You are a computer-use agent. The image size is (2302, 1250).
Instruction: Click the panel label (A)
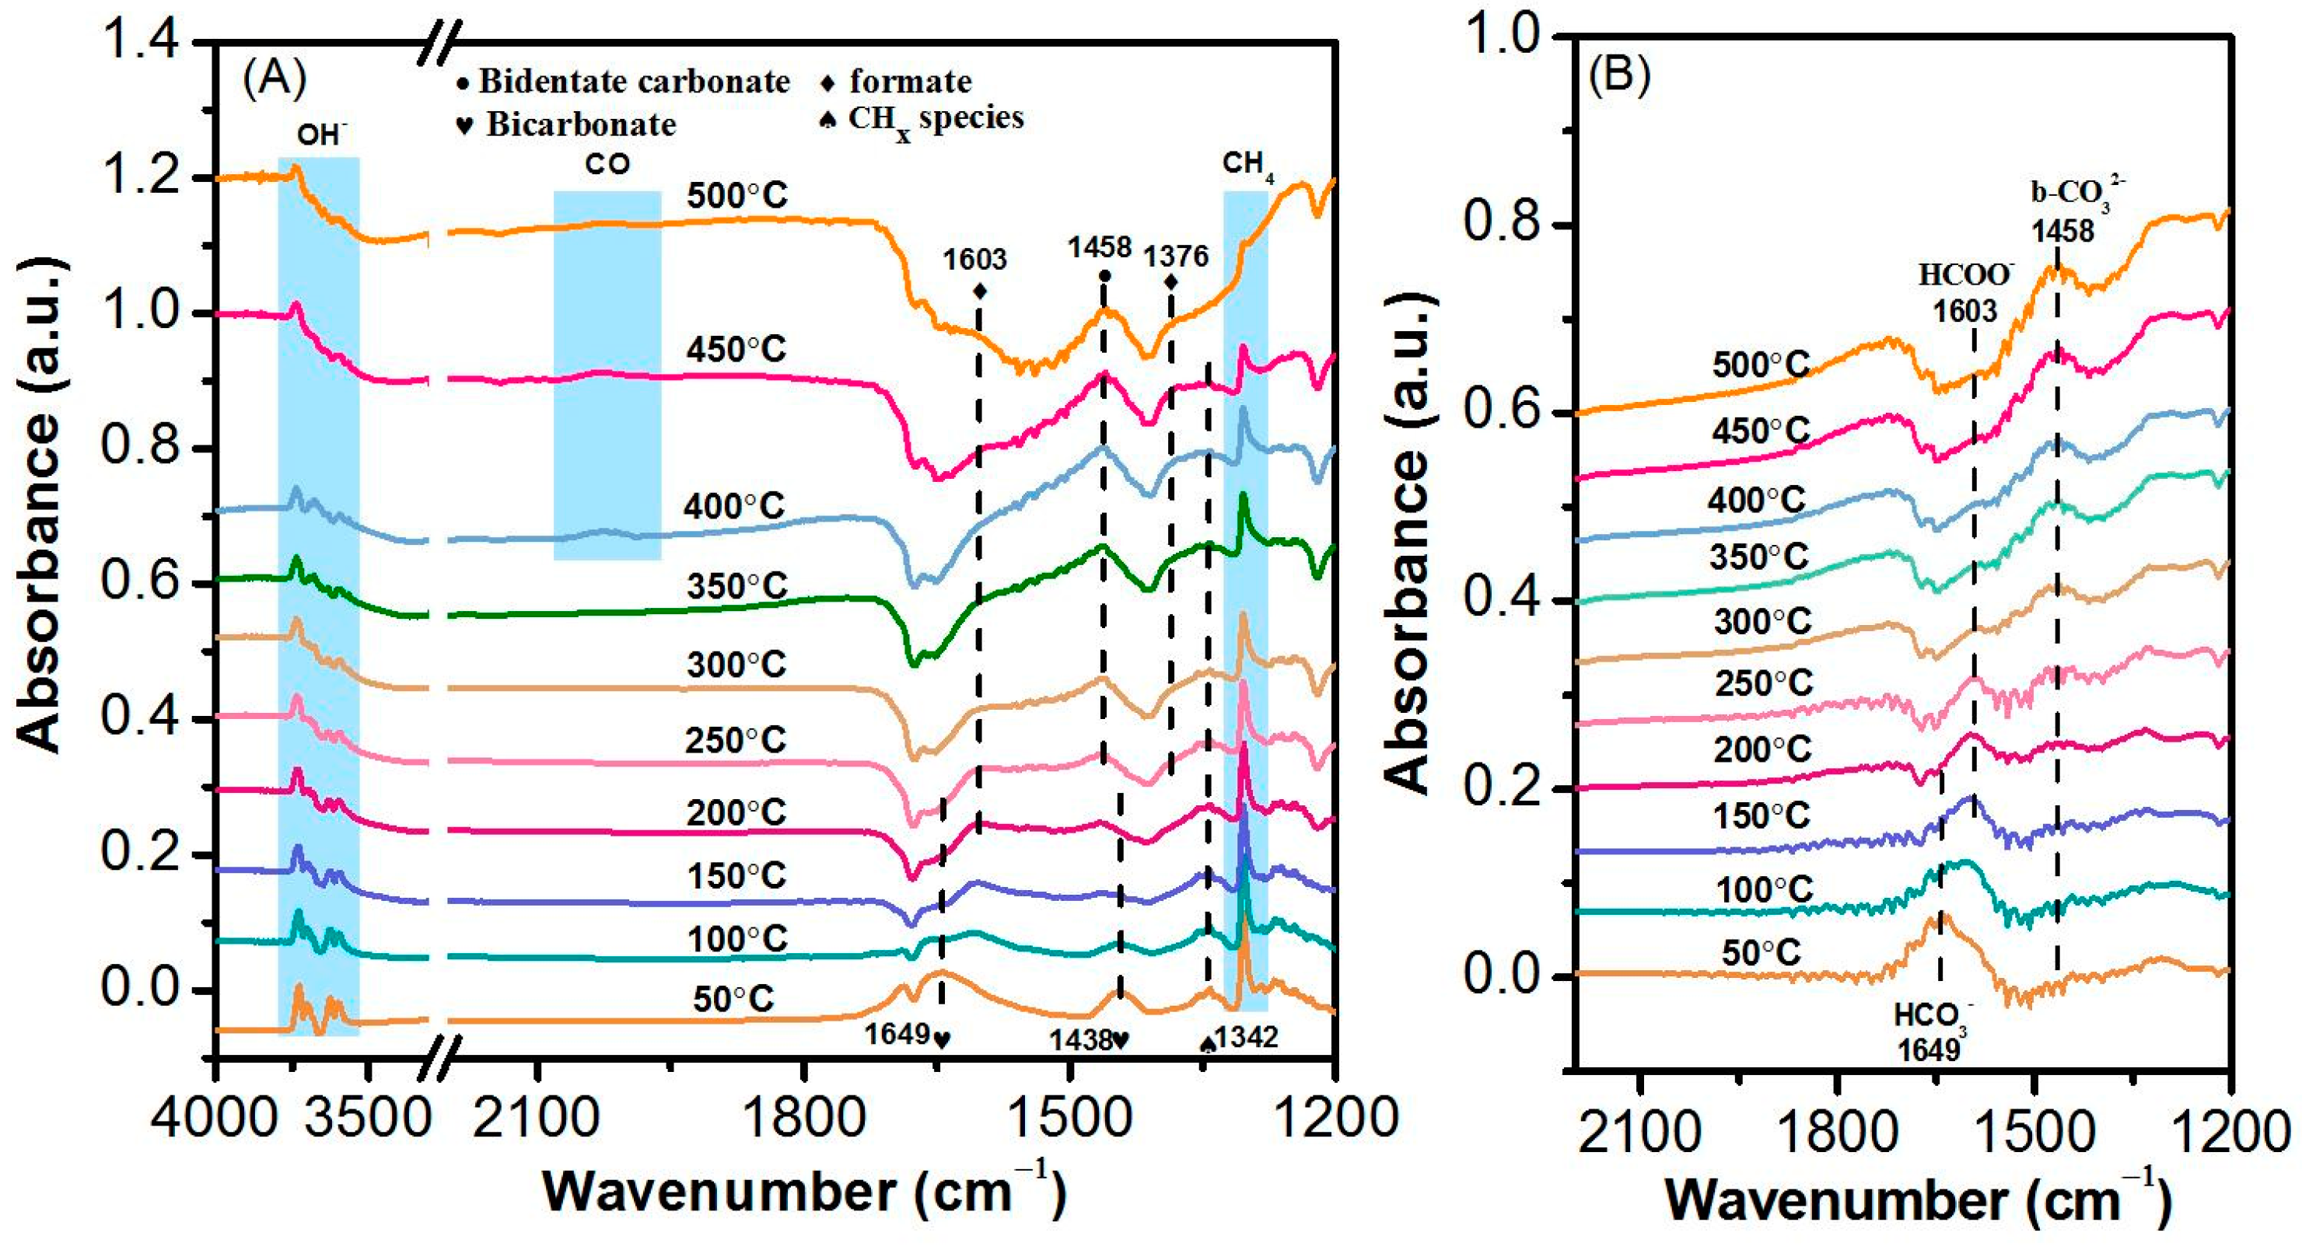pos(275,80)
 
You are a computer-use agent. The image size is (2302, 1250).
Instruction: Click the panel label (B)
pos(1618,76)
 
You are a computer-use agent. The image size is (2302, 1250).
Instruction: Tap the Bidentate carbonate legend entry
pos(624,82)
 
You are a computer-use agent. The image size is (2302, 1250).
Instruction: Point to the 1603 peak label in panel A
pos(975,260)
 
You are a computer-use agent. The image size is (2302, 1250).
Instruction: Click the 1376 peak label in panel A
pos(1176,257)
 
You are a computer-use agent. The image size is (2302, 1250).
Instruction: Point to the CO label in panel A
pos(607,164)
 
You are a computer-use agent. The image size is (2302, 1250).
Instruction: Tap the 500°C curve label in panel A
pos(737,197)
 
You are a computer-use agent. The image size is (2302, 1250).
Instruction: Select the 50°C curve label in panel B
pos(1761,953)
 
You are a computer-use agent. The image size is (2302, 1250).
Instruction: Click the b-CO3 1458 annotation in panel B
pos(2062,215)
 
